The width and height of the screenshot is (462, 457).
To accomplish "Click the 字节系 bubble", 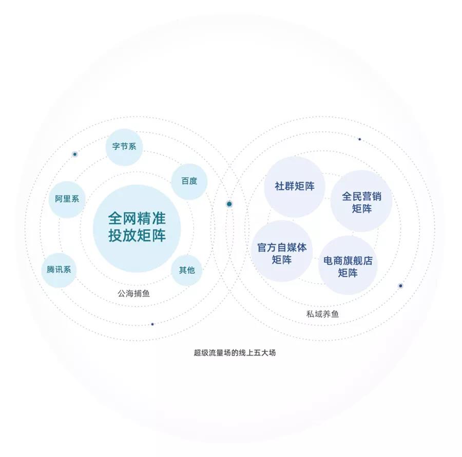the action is pos(124,147).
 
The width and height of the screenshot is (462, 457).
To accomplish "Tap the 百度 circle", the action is pos(189,182).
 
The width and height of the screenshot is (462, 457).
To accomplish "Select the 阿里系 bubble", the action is pos(67,200).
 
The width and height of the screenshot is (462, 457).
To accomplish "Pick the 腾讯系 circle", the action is pos(59,270).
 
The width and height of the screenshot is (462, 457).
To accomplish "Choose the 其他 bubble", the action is pos(187,270).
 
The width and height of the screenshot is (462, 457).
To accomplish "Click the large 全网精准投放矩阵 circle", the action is pos(137,228).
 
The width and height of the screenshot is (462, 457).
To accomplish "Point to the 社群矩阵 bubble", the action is pos(294,187).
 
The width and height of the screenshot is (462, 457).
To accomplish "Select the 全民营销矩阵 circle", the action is pos(361,201).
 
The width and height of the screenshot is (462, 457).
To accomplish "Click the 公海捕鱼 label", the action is pos(134,293).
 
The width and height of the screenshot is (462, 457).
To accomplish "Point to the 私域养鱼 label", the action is pos(323,314).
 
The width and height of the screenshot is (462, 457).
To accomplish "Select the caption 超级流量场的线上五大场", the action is pos(235,353).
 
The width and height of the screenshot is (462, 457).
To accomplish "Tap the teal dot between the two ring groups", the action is pos(229,204).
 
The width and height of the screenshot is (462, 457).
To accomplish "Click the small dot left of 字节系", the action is pos(75,154).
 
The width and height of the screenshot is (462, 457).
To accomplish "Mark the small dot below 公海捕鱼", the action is pos(152,324).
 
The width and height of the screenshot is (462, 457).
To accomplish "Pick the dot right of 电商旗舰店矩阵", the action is pos(400,286).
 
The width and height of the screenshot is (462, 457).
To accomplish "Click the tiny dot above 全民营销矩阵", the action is pos(359,140).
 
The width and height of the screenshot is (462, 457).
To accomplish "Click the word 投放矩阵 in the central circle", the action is pos(137,235).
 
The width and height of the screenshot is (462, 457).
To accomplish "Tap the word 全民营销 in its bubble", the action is pos(361,196).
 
